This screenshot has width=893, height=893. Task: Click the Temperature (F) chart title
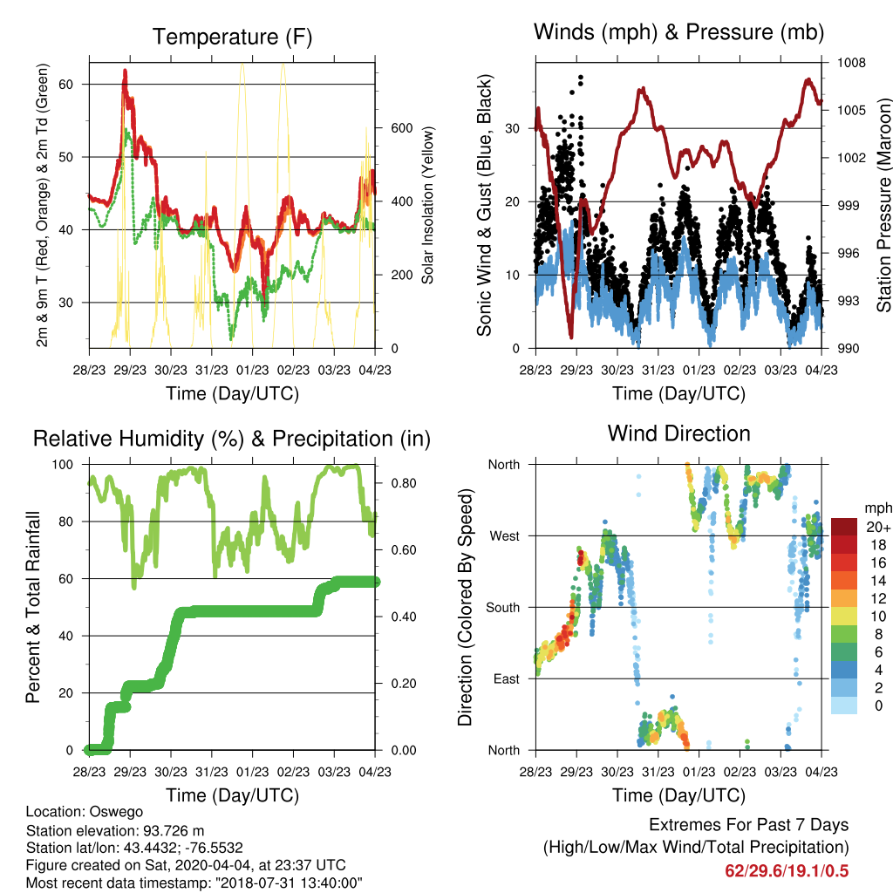pos(232,37)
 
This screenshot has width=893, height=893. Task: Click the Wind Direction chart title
pos(678,433)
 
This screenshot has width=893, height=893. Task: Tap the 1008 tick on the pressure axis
pos(851,63)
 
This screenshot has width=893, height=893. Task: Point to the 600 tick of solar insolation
pos(401,128)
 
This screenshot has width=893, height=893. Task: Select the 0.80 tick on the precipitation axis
pos(404,483)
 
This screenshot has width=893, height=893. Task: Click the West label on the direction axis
pos(504,536)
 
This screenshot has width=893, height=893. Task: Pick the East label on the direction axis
pos(507,678)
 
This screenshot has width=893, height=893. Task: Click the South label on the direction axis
pos(502,608)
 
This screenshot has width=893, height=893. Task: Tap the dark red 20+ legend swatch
pos(844,527)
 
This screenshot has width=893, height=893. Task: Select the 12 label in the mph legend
pos(878,598)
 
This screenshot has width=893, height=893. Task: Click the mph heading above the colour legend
pos(878,508)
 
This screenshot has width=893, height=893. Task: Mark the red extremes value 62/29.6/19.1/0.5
pos(787,871)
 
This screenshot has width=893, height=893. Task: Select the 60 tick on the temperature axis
pos(66,85)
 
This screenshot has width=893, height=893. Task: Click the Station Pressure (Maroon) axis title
pos(883,206)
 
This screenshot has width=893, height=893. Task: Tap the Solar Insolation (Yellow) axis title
pos(427,205)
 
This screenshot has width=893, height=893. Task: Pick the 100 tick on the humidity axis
pos(63,465)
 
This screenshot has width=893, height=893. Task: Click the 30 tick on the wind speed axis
pos(513,129)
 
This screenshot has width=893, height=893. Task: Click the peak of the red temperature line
pos(125,71)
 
